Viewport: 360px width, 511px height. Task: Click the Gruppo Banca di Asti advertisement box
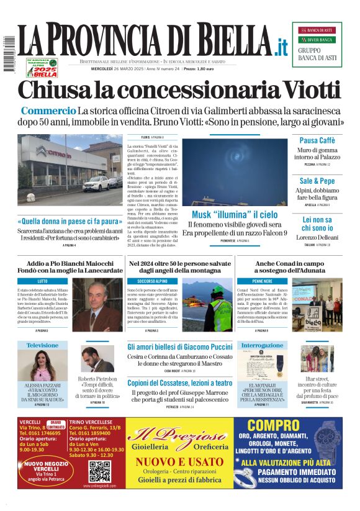pyautogui.click(x=317, y=44)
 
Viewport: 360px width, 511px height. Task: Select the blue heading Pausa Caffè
pyautogui.click(x=317, y=140)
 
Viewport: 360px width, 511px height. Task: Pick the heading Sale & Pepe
pyautogui.click(x=317, y=181)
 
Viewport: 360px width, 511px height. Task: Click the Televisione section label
pyautogui.click(x=42, y=345)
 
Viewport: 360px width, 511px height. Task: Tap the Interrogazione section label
pyautogui.click(x=262, y=345)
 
